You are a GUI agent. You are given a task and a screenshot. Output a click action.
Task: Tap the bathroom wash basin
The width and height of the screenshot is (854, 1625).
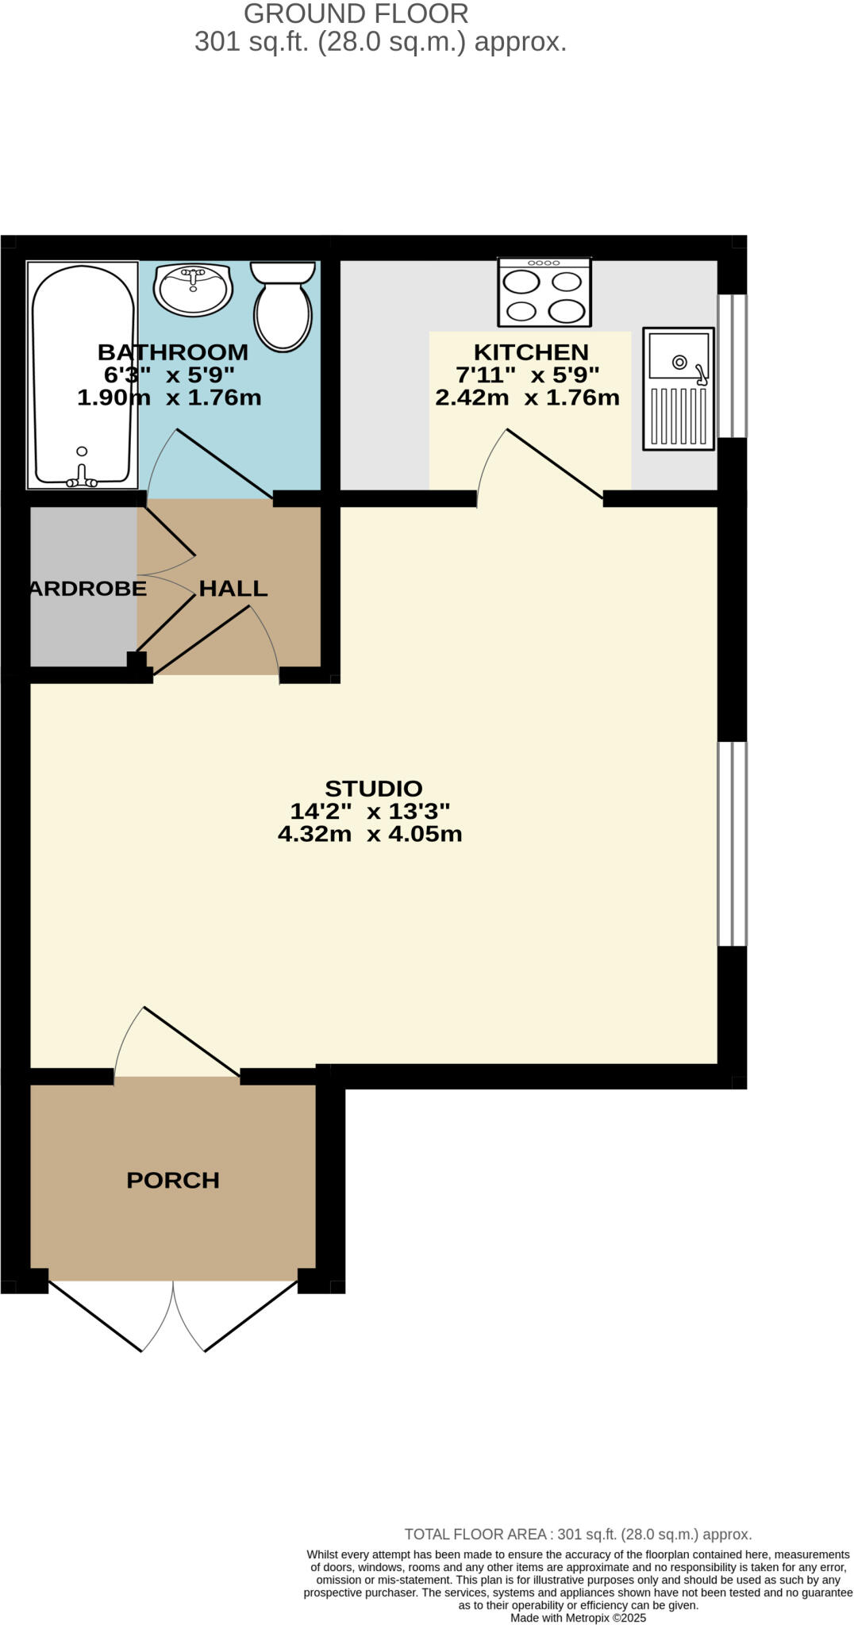[x=194, y=289]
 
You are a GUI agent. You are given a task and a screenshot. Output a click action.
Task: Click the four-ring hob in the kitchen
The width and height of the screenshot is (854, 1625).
[x=544, y=292]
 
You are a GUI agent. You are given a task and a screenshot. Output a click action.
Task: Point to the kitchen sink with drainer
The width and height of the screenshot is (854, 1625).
[x=679, y=389]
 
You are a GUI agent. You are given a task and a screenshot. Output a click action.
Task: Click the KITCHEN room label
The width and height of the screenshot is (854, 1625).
[x=531, y=352]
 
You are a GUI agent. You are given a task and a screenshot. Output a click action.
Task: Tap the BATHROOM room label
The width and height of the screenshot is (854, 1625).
[x=173, y=352]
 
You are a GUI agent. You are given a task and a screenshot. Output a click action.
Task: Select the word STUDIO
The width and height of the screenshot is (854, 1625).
[x=373, y=788]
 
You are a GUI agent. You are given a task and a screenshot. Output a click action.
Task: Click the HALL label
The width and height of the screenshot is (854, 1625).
[x=233, y=588]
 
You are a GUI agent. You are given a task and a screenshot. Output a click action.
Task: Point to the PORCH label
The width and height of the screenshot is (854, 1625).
[x=173, y=1180]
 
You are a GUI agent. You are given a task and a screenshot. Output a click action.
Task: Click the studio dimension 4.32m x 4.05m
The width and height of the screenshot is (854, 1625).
[x=370, y=834]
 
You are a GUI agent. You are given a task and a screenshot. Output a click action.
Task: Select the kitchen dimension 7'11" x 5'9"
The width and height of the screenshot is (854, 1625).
[x=527, y=375]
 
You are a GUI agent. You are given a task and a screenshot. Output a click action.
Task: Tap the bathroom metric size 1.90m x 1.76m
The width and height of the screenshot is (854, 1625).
[x=169, y=398]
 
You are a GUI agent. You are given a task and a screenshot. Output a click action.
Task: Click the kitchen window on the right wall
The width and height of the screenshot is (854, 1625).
[x=732, y=366]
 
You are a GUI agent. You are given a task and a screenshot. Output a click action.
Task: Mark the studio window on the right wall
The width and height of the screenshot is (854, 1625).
[x=732, y=843]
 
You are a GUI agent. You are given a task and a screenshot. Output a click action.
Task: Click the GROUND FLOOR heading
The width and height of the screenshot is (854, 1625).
[x=356, y=13]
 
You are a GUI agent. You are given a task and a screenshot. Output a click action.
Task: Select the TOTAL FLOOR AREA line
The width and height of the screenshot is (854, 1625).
[x=578, y=1534]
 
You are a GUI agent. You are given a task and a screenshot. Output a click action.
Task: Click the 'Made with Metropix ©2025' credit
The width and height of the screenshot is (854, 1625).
[x=578, y=1618]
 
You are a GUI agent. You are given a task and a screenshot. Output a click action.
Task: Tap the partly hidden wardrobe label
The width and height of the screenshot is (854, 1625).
[x=88, y=588]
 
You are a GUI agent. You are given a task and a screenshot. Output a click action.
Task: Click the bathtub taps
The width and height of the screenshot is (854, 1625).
[x=81, y=474]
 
